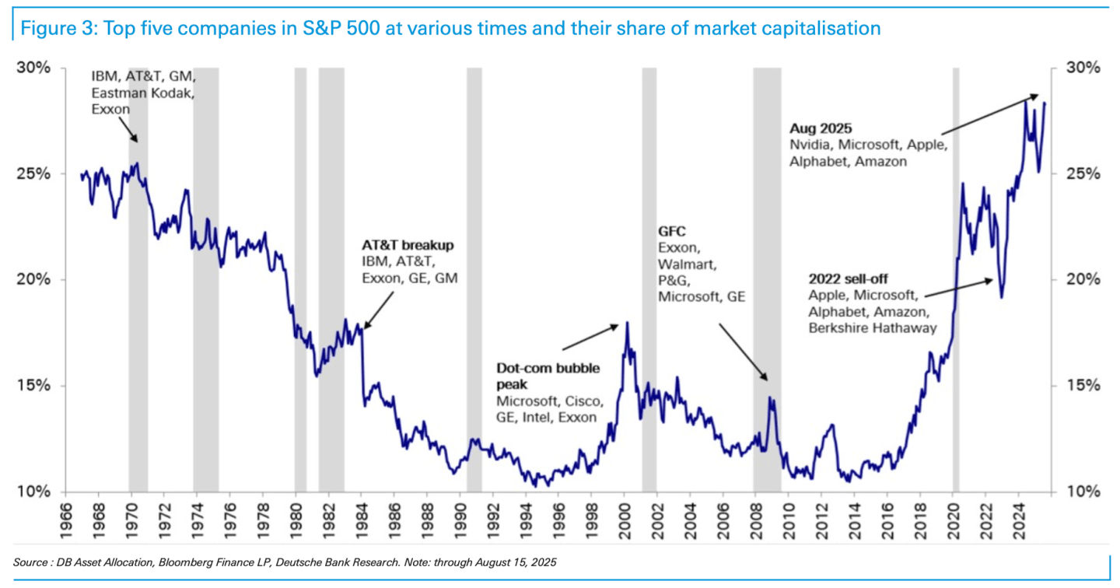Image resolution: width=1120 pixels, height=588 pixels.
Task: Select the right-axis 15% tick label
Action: [x=1081, y=386]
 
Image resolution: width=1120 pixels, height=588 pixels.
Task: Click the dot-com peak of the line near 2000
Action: [x=627, y=323]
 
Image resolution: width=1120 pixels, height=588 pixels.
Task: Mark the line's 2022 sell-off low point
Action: [x=1002, y=296]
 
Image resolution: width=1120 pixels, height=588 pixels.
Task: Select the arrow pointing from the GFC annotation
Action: [x=742, y=352]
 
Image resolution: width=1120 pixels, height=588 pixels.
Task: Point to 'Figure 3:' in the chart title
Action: [x=51, y=29]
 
